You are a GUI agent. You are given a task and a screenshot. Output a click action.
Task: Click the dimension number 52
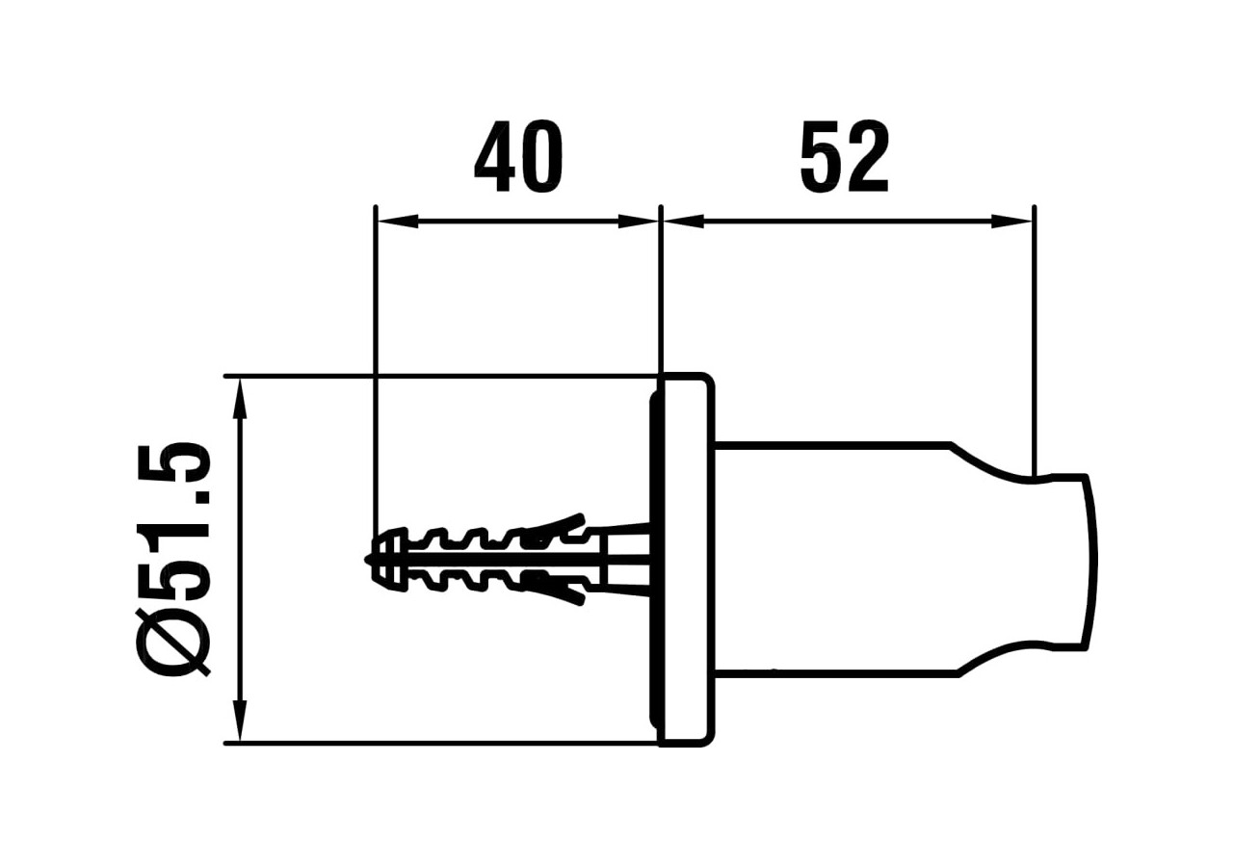(x=844, y=158)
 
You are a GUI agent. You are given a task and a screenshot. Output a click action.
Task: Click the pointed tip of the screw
(x=370, y=559)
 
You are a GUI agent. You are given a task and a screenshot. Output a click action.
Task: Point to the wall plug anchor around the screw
(x=482, y=560)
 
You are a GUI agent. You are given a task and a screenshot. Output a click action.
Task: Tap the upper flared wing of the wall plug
(x=559, y=523)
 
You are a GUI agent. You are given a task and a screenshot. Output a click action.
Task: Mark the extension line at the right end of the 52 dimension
(x=1034, y=337)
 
